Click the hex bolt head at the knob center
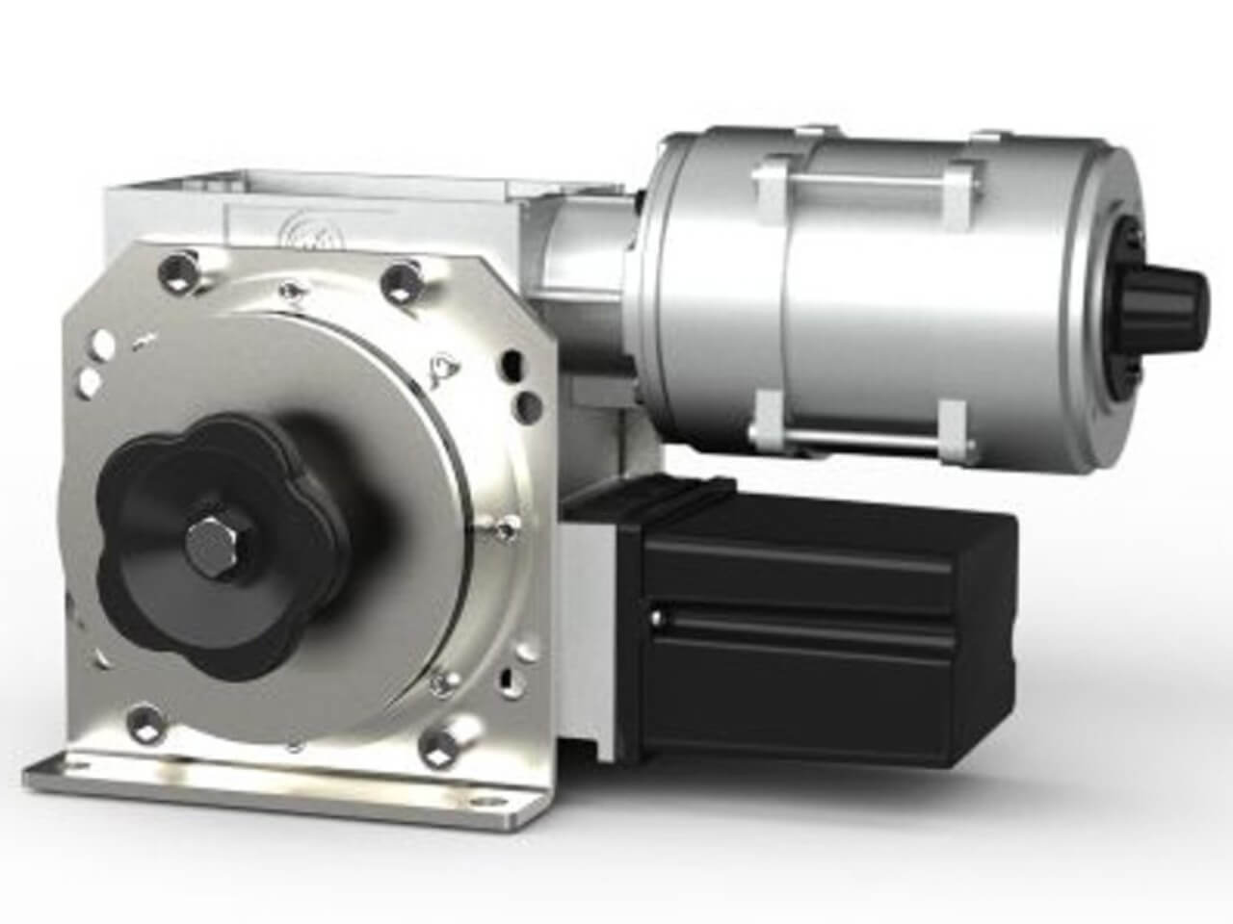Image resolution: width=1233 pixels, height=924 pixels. pos(210,542)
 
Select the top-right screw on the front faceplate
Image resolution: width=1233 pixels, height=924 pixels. pos(398,282)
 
